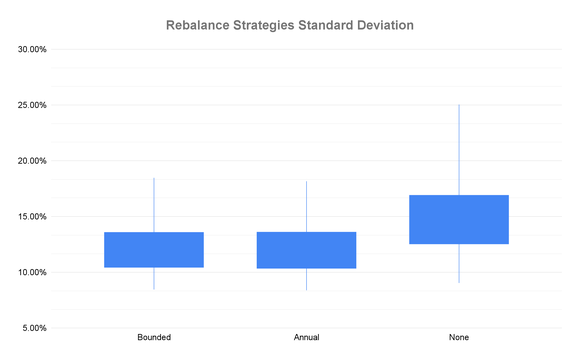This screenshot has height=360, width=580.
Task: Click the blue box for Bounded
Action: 154,250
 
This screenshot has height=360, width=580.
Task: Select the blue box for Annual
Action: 306,250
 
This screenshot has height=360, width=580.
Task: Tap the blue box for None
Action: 459,219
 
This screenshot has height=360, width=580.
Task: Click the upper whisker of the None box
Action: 459,150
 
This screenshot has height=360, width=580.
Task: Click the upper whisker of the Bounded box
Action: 154,205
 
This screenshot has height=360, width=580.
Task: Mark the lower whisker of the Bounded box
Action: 154,278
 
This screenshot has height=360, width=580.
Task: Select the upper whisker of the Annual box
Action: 306,206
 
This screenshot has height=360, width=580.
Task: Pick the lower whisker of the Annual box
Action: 306,279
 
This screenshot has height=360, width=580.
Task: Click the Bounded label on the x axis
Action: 154,337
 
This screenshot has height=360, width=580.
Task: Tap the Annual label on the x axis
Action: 306,337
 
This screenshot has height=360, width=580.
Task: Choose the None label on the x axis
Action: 459,337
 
